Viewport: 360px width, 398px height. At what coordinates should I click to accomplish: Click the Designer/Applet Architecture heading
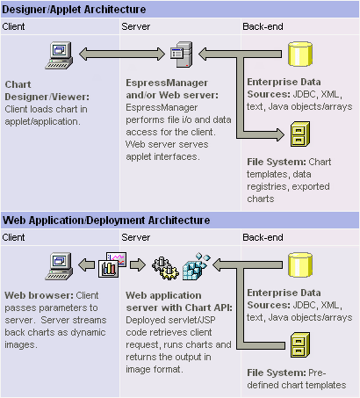coord(74,10)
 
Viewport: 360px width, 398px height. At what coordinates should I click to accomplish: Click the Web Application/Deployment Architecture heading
coord(106,221)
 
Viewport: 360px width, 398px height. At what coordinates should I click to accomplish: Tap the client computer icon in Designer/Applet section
coord(59,55)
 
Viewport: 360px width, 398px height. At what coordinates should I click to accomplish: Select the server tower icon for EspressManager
coord(182,54)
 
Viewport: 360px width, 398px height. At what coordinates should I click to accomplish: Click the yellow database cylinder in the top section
coord(300,54)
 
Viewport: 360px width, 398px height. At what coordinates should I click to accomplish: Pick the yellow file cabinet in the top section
coord(300,134)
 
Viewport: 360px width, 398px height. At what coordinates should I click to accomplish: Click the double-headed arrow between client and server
coord(122,54)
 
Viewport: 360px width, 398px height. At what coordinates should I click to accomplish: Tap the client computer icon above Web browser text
coord(59,266)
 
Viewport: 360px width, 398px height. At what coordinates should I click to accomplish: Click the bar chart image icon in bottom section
coord(112,264)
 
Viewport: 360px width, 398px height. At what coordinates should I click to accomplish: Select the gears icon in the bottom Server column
coord(165,268)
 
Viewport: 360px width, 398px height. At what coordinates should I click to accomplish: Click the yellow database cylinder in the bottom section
coord(300,264)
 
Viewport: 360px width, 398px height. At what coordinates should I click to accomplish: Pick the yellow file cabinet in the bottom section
coord(300,345)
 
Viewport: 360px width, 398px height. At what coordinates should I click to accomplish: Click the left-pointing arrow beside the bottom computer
coord(87,264)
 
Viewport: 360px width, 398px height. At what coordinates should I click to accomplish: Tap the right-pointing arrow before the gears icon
coord(138,264)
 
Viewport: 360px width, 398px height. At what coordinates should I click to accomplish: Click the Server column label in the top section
coord(136,26)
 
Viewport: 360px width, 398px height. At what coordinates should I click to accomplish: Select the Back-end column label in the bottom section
coord(263,237)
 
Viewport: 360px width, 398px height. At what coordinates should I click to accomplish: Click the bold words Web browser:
coord(40,295)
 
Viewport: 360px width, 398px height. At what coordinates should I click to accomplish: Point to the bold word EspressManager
coord(167,83)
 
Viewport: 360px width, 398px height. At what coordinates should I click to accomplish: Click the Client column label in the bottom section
coord(13,237)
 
